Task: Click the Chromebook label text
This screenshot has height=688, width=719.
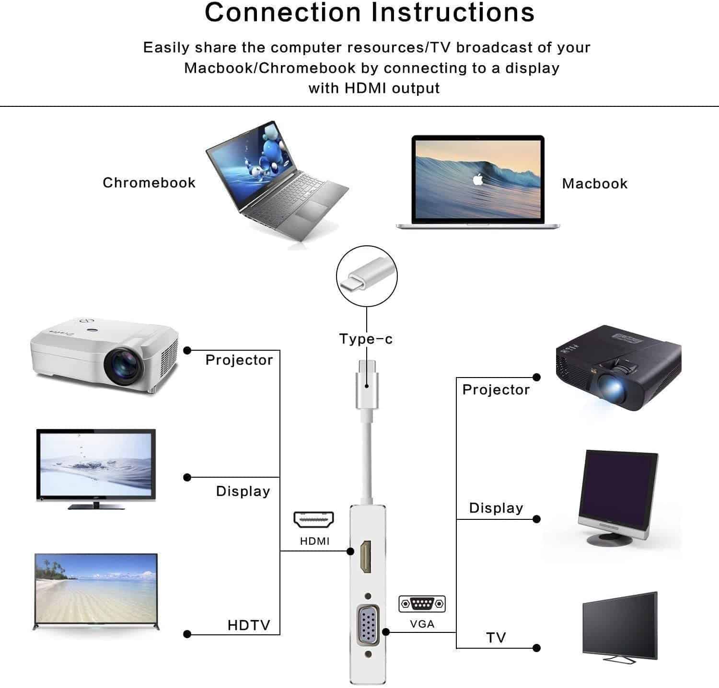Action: point(149,183)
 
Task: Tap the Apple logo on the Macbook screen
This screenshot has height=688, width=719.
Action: point(477,179)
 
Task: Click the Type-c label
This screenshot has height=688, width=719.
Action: point(366,339)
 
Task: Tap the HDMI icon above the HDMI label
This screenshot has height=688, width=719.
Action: point(314,519)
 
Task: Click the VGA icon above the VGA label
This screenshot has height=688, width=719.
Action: point(422,604)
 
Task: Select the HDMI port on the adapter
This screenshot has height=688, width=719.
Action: point(366,557)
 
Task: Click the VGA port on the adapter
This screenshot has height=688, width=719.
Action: point(368,625)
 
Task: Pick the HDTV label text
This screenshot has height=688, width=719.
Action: point(249,625)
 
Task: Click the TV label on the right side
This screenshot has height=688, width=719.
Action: point(496,638)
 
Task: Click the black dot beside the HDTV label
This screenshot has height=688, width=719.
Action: point(187,634)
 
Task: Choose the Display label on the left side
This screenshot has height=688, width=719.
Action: point(243,491)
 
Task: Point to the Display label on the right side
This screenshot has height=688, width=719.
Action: point(496,508)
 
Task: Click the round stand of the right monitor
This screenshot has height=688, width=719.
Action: point(609,539)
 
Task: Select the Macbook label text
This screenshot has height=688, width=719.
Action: point(594,183)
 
